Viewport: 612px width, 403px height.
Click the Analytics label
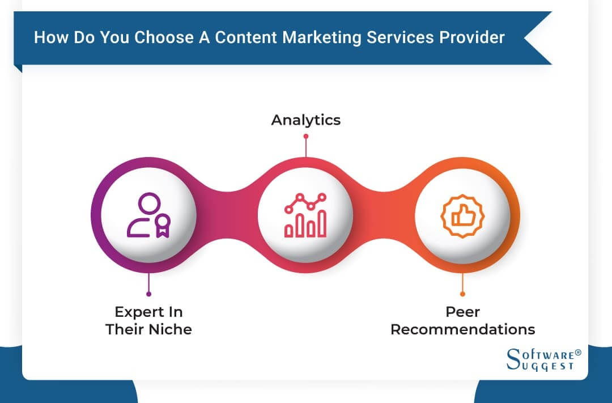click(x=305, y=120)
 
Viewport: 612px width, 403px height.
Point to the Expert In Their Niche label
click(x=148, y=321)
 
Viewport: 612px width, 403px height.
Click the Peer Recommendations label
click(x=462, y=321)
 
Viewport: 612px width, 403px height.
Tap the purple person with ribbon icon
click(x=148, y=215)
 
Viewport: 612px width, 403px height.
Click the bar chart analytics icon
click(x=305, y=215)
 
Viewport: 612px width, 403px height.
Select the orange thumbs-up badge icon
click(x=462, y=215)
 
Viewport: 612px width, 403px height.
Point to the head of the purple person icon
click(x=149, y=203)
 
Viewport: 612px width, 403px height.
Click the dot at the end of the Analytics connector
click(x=305, y=136)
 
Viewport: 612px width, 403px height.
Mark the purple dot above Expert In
click(x=148, y=294)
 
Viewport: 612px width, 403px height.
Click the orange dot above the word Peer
click(x=462, y=294)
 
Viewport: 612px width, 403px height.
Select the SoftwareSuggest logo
click(x=543, y=360)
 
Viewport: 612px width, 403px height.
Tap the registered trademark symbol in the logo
click(x=578, y=352)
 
